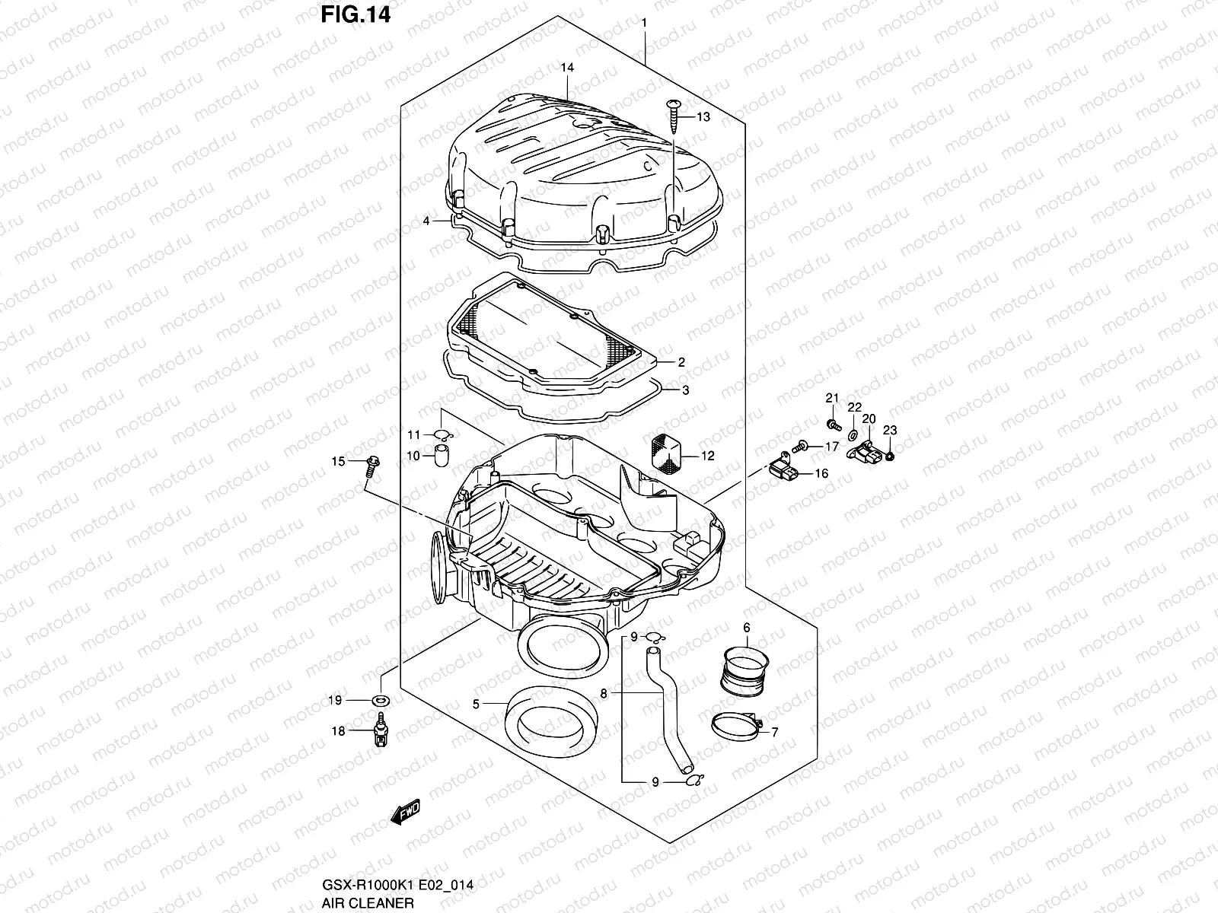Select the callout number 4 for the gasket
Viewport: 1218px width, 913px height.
coord(426,221)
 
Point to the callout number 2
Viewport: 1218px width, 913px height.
coord(681,362)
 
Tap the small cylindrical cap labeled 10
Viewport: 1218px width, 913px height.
coord(440,456)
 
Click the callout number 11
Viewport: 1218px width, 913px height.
coord(413,435)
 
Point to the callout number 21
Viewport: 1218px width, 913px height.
coord(832,399)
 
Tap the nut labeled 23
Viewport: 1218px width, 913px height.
coord(892,456)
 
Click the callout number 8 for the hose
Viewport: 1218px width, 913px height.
coord(603,694)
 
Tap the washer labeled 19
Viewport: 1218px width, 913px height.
coord(379,699)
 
